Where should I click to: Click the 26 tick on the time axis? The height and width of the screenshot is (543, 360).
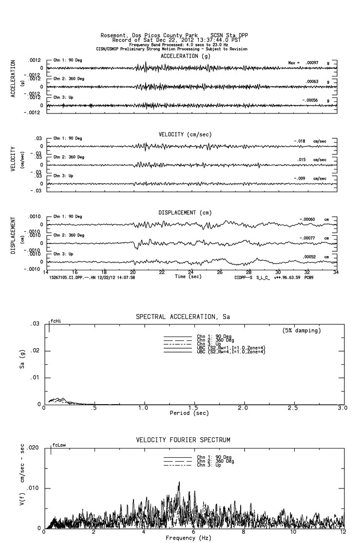[220, 273]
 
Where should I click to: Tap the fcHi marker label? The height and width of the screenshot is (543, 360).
[56, 321]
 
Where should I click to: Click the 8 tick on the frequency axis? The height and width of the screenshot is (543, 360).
[244, 532]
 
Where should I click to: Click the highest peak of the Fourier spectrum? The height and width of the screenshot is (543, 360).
[179, 482]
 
